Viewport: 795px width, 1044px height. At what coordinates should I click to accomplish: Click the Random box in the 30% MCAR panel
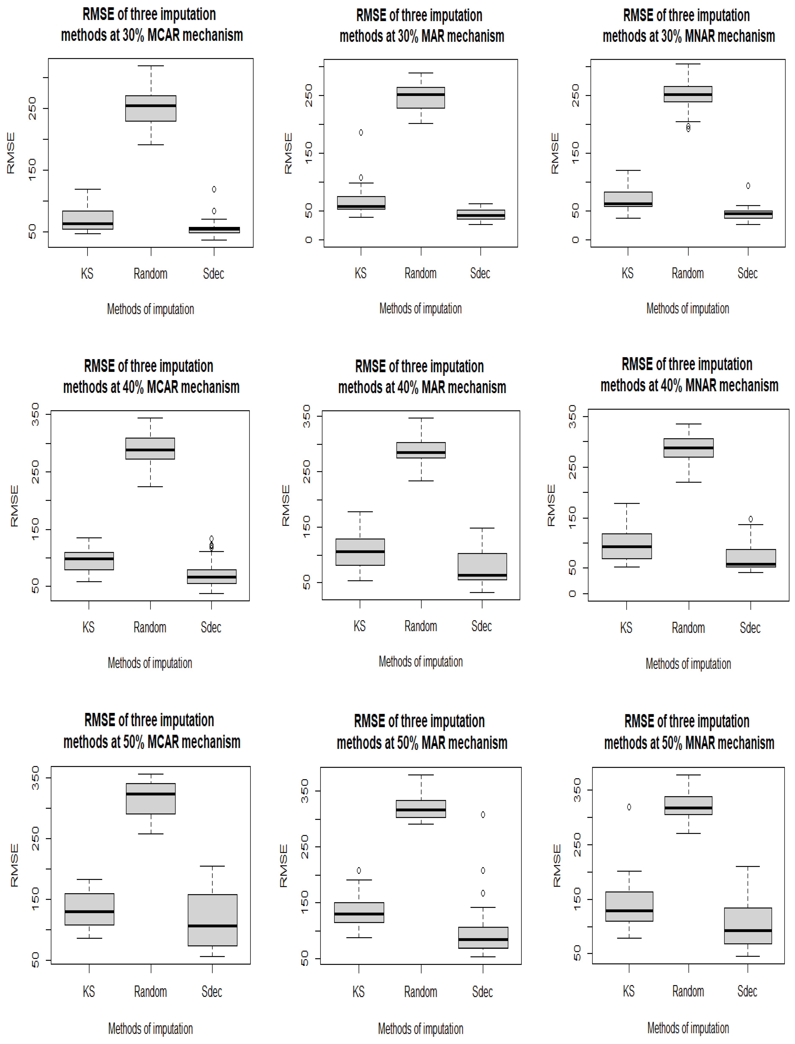(x=151, y=108)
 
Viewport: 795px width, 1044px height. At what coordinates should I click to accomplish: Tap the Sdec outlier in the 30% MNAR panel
(x=748, y=186)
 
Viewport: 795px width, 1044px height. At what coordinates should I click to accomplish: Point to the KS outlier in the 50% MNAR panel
(x=629, y=807)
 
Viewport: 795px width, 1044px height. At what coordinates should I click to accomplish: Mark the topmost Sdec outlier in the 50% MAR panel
(x=483, y=815)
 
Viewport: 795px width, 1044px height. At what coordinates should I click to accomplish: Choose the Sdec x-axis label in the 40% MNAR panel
(x=750, y=628)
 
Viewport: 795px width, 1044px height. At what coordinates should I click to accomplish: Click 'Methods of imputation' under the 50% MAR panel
(x=420, y=1028)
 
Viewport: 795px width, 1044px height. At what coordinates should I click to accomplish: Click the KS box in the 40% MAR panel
(x=360, y=552)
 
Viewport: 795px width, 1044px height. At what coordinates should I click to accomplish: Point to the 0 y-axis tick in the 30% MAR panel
(x=308, y=240)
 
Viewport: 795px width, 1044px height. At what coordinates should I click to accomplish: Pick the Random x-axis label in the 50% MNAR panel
(x=688, y=991)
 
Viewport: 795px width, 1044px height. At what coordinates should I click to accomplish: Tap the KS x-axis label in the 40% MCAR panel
(x=88, y=628)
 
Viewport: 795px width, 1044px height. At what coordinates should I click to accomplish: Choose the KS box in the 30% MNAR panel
(x=628, y=199)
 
